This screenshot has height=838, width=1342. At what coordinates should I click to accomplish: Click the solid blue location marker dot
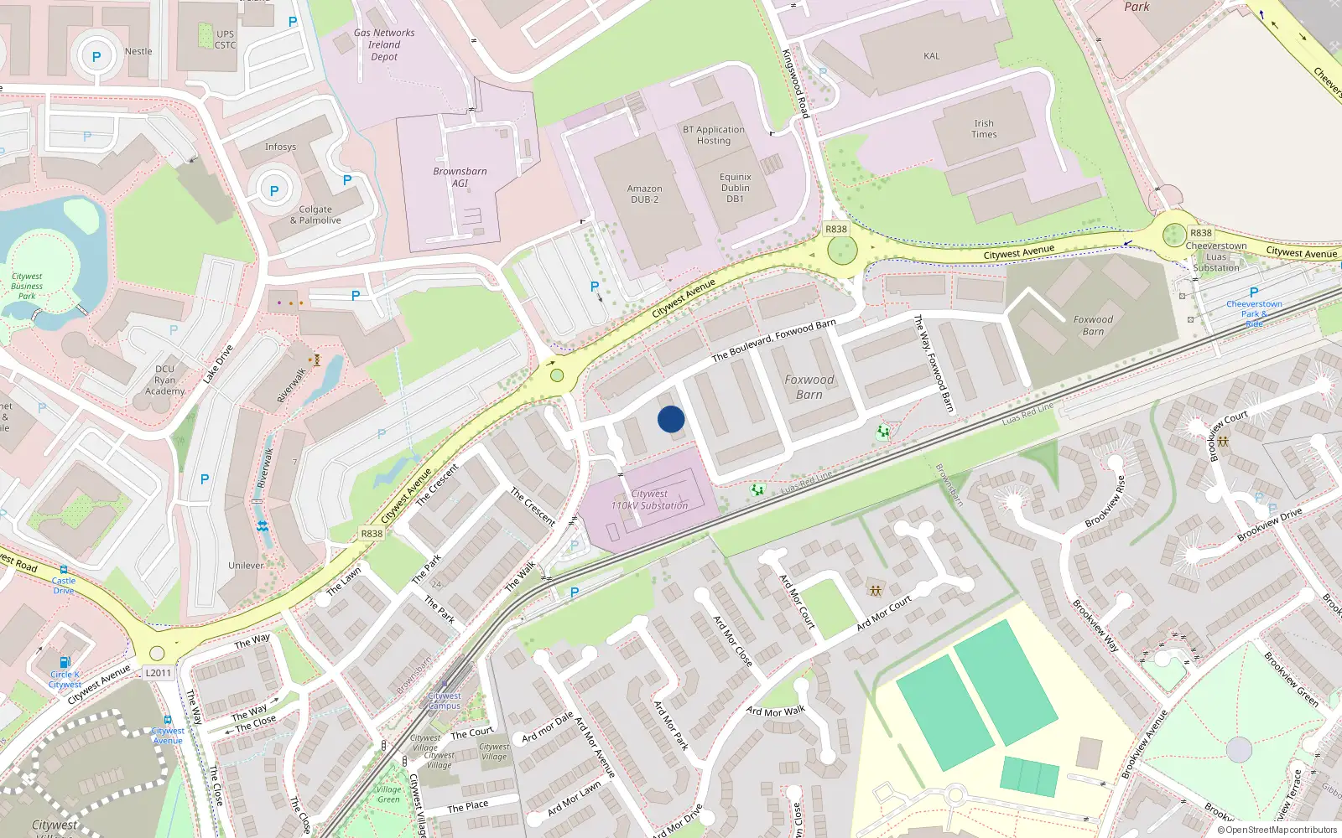(x=671, y=419)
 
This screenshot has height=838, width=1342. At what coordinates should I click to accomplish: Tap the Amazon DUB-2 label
(x=644, y=194)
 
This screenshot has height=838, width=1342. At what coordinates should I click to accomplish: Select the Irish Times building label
(x=984, y=129)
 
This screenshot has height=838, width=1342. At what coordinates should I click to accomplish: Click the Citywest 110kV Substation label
(x=649, y=500)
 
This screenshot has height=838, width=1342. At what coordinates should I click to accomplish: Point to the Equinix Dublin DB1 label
(x=736, y=188)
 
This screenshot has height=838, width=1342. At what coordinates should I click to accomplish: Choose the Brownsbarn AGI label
(x=460, y=177)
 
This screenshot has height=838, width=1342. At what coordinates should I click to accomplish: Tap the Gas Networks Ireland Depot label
(x=384, y=45)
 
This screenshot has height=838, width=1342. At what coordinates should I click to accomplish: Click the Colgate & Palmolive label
(x=315, y=215)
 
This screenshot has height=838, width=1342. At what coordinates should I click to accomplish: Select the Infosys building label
(x=280, y=147)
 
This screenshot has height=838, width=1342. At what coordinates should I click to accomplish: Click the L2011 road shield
(x=158, y=673)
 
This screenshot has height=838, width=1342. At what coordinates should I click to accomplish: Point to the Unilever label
(x=246, y=566)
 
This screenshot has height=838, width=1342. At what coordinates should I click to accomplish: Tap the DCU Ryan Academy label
(x=164, y=380)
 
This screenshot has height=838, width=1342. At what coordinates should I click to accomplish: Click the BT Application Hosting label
(x=713, y=135)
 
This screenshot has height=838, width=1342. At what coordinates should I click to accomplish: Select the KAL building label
(x=931, y=56)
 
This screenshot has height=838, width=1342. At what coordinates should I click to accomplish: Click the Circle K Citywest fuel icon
(x=65, y=662)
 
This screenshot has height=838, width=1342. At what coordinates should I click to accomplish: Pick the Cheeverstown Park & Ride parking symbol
(x=1254, y=292)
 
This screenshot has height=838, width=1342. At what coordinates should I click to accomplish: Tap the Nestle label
(x=138, y=51)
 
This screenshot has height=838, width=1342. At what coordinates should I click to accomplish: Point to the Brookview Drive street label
(x=1269, y=524)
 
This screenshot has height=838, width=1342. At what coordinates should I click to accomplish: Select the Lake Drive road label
(x=217, y=364)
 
